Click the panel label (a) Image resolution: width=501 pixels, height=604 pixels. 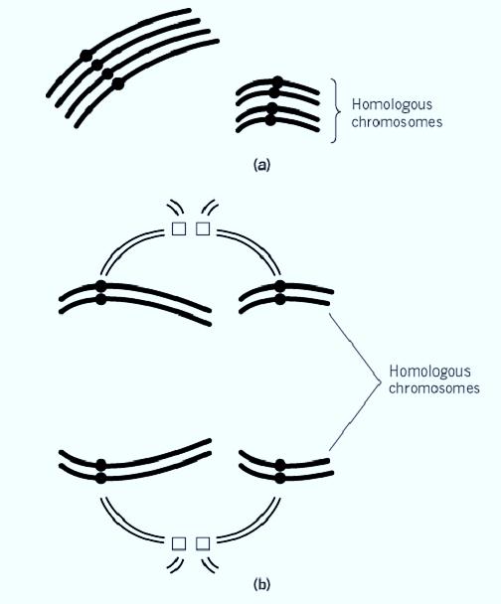coord(262,165)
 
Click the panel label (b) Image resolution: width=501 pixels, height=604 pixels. coord(262,584)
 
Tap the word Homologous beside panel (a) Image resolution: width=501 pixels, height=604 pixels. coord(392,105)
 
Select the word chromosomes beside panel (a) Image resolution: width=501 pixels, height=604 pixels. coord(397,122)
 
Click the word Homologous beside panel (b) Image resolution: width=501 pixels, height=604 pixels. coord(429,372)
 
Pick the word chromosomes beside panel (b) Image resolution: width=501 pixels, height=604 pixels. coord(434,387)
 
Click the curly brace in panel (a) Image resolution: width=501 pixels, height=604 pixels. coord(336,111)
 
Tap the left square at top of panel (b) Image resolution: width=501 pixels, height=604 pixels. coord(179,228)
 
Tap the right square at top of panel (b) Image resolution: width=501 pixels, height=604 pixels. coord(203,228)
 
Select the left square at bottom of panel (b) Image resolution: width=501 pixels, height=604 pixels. coord(179,543)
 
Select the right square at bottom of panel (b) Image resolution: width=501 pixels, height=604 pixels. coord(203,543)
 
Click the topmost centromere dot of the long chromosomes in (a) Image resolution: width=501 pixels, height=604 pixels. coord(86,56)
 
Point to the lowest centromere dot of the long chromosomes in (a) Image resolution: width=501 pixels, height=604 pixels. coord(118,83)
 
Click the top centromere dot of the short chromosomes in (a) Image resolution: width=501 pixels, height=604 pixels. coord(278,81)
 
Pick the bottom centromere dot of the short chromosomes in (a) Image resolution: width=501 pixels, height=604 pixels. coord(270,120)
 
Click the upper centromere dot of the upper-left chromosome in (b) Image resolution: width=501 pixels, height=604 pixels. coord(100,286)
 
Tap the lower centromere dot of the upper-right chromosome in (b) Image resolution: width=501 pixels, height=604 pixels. coord(280,299)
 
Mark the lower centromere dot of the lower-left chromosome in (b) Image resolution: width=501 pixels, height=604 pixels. coord(101,478)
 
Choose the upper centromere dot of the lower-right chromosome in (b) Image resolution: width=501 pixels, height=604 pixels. coord(280,465)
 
